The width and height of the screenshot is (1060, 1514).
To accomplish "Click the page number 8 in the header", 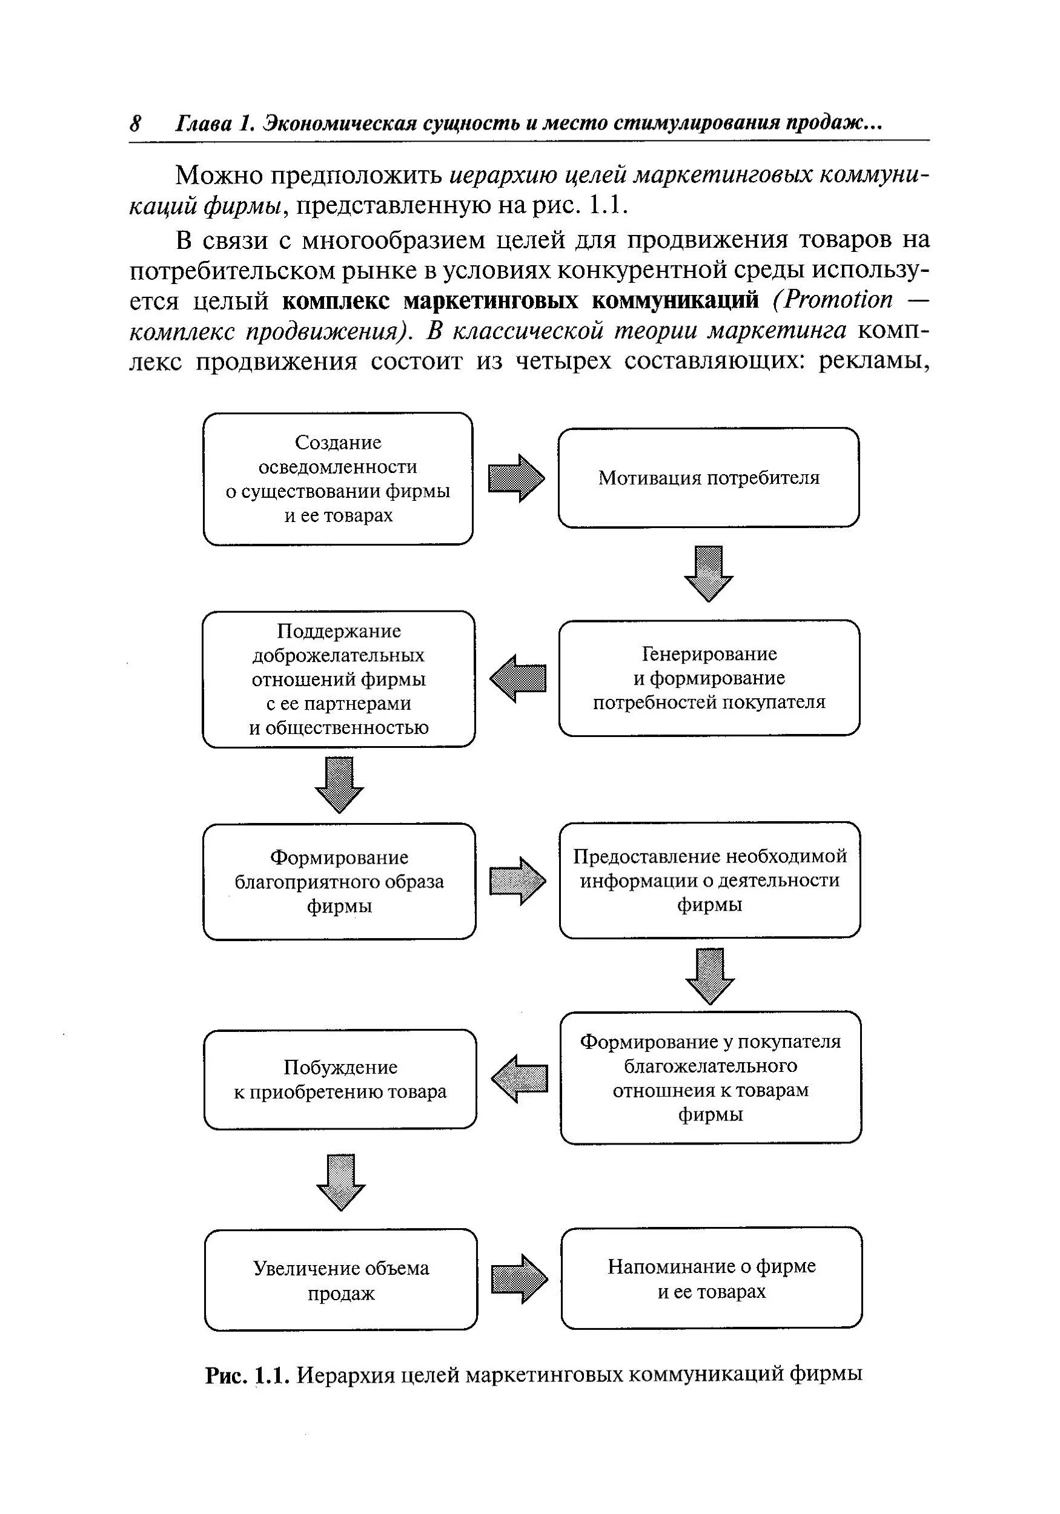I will [x=135, y=124].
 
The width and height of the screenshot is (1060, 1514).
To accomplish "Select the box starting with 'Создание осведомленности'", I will [x=338, y=479].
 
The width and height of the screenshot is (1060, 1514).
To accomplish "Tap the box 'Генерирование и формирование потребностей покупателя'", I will [x=709, y=678].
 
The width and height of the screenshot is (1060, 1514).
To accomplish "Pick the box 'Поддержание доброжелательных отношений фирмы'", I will [x=339, y=679].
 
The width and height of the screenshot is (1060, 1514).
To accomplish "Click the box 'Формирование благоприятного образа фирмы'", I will [x=339, y=881].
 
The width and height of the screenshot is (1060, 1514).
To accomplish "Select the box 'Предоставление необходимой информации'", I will [x=710, y=880].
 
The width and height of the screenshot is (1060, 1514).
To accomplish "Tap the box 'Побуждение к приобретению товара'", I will [x=340, y=1079].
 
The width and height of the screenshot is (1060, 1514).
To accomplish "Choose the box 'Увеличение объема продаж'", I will [x=340, y=1279].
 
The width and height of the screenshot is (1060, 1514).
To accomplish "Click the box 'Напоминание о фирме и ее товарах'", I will [x=711, y=1278].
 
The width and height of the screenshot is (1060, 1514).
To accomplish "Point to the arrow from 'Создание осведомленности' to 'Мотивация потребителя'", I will [x=516, y=478].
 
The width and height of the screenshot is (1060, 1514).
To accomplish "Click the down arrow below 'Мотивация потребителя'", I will [x=709, y=573].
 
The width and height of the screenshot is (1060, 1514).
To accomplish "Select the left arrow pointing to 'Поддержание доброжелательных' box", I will [x=518, y=678].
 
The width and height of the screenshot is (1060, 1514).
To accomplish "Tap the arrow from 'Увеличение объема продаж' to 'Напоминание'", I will [x=519, y=1278].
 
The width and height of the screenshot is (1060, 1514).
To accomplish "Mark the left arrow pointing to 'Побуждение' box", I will [x=520, y=1079].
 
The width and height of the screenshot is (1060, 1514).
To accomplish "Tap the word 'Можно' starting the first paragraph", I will [x=217, y=176].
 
